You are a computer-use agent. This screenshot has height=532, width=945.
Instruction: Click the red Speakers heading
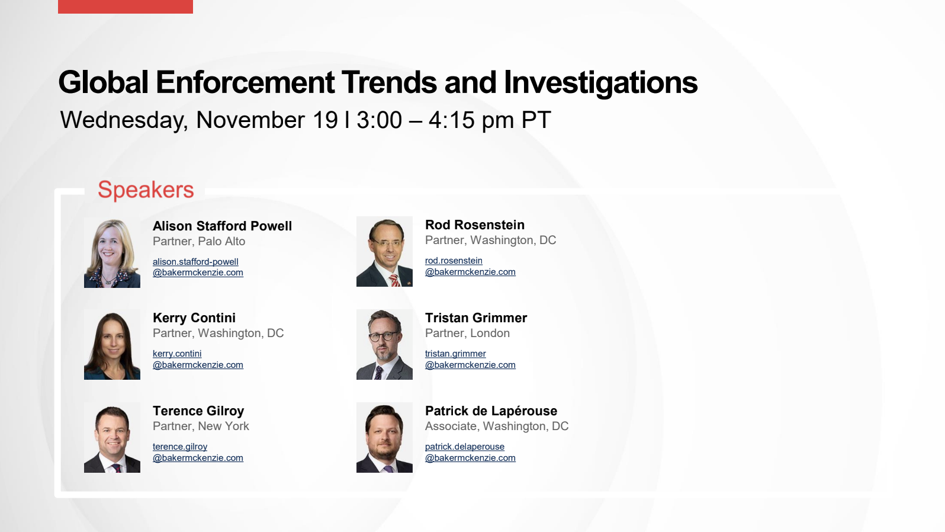point(146,190)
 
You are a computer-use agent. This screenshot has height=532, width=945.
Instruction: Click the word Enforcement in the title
point(245,82)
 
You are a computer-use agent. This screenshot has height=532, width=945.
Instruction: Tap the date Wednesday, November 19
point(199,120)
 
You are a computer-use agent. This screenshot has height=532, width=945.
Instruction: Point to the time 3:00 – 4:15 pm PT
point(454,120)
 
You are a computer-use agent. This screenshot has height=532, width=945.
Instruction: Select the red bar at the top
point(126,7)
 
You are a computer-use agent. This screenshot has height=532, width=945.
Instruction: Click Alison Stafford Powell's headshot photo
point(112,253)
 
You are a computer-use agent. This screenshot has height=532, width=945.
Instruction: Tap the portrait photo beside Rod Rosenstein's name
point(384,252)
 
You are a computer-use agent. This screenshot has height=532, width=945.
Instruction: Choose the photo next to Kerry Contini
point(112,345)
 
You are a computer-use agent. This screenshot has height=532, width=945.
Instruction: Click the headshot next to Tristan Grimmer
point(384,345)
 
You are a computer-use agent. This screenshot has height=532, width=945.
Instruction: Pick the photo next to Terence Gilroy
point(112,437)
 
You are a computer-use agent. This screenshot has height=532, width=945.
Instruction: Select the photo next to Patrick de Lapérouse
point(384,437)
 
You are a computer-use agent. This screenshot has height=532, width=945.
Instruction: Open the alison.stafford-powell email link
point(198,267)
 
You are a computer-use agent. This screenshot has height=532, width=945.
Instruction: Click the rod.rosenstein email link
point(470,266)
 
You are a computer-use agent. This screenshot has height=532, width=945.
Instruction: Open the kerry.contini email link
point(198,359)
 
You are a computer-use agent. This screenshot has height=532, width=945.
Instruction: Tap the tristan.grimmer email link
point(470,359)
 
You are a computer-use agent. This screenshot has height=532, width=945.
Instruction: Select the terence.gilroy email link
point(198,452)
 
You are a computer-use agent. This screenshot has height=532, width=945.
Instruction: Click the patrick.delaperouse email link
point(470,452)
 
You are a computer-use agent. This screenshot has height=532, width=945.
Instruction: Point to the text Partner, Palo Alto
point(199,242)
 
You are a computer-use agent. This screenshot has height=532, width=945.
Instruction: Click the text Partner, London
point(467,333)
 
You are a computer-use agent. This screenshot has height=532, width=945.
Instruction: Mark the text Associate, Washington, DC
point(497,427)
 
